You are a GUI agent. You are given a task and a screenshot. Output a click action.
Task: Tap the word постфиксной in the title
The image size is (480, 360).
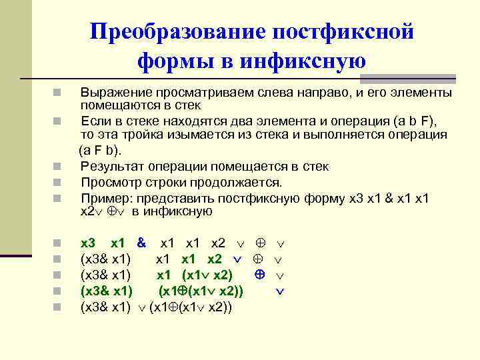coord(344,33)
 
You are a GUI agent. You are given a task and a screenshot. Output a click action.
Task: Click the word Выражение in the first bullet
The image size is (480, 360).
coord(111,92)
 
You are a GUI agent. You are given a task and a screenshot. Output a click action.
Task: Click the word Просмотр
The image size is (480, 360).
coord(107,182)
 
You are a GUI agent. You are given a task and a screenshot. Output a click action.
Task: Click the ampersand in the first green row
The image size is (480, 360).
coord(141,243)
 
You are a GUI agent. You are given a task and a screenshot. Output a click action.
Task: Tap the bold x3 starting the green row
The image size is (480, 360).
coord(87,243)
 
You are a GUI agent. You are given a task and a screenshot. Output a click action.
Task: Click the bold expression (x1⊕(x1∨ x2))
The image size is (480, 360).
coord(200,291)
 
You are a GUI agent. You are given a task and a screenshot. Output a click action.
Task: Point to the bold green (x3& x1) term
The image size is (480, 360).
coord(106,291)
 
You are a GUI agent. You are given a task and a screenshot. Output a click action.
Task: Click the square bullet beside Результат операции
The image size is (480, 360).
coord(59,167)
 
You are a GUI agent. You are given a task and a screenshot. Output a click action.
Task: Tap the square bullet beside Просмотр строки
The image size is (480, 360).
coord(59,182)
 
